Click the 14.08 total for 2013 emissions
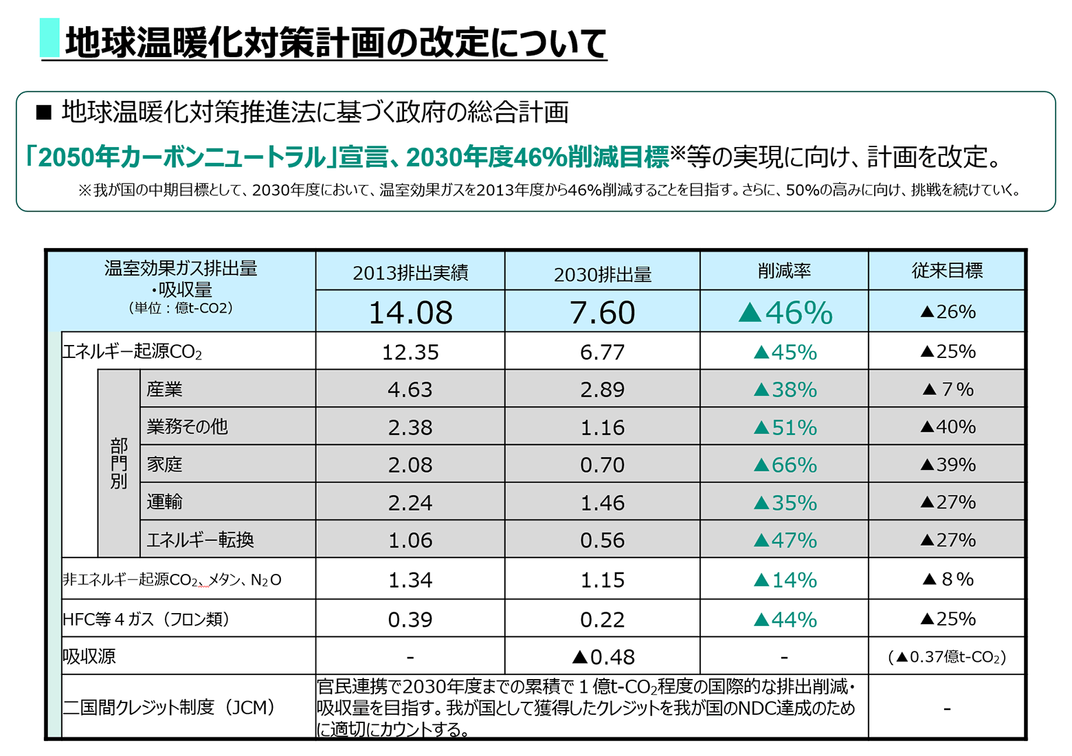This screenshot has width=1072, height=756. tap(410, 313)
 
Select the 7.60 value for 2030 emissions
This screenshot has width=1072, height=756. tap(602, 313)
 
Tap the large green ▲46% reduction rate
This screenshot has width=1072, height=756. tap(785, 313)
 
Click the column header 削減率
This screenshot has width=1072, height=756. tap(784, 271)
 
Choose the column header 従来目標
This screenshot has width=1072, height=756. tap(947, 271)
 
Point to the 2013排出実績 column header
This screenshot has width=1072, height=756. tap(410, 273)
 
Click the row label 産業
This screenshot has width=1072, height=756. tap(165, 390)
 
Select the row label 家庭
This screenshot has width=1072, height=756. tap(165, 465)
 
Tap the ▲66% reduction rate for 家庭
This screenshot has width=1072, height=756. tap(785, 465)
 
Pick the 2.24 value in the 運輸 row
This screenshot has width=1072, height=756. tap(410, 503)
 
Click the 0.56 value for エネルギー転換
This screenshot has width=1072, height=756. tap(602, 540)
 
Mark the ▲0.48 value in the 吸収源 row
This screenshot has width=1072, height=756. tap(603, 657)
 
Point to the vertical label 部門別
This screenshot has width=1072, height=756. tap(119, 464)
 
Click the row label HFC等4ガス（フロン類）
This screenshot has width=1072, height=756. tap(146, 619)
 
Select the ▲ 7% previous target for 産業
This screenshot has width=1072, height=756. tap(947, 390)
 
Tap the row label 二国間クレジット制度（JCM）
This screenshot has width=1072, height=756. tap(169, 707)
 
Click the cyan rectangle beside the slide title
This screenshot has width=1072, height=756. tap(49, 38)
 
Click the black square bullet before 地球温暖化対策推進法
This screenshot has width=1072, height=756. tap(44, 112)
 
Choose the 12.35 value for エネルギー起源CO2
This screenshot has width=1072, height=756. tap(410, 353)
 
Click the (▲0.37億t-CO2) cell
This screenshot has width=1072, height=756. tap(947, 657)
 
